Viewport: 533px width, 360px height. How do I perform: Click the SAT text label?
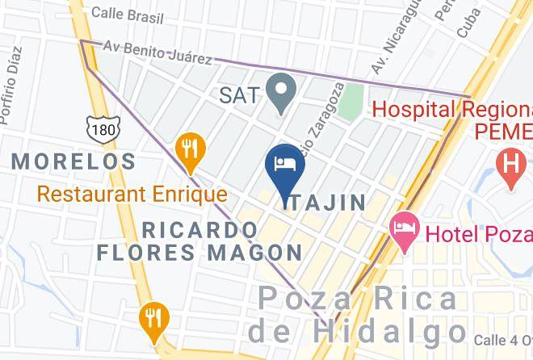click(x=240, y=95)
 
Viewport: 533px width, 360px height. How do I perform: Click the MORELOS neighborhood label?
click(x=73, y=161)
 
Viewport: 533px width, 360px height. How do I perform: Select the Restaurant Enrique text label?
click(x=132, y=195)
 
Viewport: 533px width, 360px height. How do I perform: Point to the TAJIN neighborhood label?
click(x=325, y=203)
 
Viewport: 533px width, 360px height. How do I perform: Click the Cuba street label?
click(x=469, y=22)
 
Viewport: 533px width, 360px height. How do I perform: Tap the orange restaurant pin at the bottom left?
click(x=151, y=318)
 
